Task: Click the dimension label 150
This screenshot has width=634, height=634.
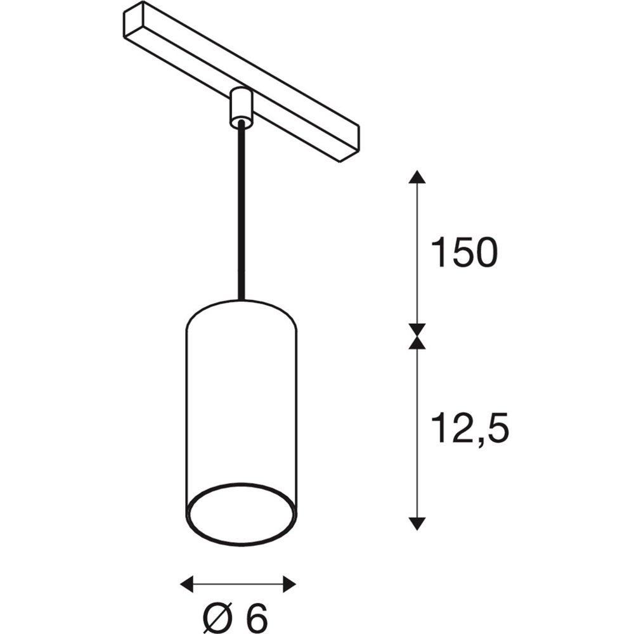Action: coord(465,252)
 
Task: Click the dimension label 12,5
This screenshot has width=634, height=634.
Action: coord(469,429)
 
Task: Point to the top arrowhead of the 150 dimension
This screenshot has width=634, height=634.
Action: coord(417,177)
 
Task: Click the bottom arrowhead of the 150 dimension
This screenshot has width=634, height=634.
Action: coord(417,330)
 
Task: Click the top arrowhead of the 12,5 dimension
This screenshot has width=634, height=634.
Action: coord(417,342)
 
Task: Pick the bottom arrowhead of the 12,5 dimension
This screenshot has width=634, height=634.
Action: coord(417,524)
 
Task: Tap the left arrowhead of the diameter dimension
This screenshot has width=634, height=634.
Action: coord(186,584)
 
